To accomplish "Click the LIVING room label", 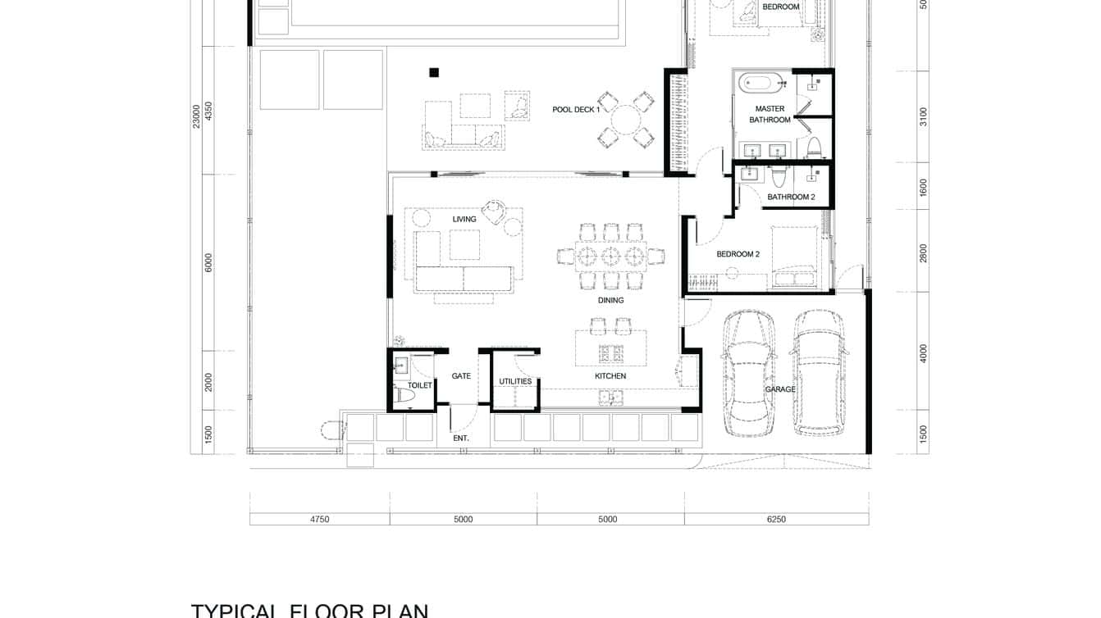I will point(464,219).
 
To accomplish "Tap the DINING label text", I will point(610,300).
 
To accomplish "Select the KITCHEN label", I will point(610,376).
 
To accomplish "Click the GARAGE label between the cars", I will point(780,389).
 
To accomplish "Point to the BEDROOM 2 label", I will point(738,254).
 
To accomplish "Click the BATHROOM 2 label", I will point(791,197).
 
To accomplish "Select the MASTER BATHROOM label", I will point(770,114).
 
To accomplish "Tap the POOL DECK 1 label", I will point(576,109).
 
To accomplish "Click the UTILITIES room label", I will point(515,381).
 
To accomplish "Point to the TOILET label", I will point(419,385).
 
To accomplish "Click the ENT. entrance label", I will point(461,439).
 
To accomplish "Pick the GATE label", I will point(461,376).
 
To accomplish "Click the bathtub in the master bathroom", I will point(756,83).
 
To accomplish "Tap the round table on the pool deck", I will point(627,120).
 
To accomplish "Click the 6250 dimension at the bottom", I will point(775,519).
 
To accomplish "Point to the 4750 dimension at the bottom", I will point(319,519).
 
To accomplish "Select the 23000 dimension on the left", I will point(196,116).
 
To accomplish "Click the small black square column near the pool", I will point(434,72).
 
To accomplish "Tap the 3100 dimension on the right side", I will point(923,116).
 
